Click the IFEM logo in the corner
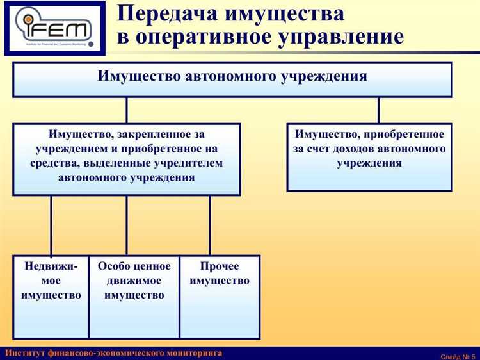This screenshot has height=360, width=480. click(x=54, y=28)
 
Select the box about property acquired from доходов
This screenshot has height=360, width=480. click(x=369, y=158)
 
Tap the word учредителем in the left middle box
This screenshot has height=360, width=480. click(x=185, y=163)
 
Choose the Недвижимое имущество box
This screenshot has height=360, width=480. click(x=51, y=296)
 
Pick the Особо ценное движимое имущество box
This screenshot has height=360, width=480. click(x=134, y=296)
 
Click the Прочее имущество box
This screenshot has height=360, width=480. click(x=220, y=296)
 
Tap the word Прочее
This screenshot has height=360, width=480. click(x=220, y=266)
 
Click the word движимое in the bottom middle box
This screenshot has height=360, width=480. click(x=134, y=281)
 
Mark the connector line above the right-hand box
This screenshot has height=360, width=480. click(x=378, y=110)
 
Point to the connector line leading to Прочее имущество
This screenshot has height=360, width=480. click(x=209, y=225)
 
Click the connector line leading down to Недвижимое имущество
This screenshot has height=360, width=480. click(x=51, y=225)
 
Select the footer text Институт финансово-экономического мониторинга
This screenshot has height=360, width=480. click(x=114, y=353)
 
